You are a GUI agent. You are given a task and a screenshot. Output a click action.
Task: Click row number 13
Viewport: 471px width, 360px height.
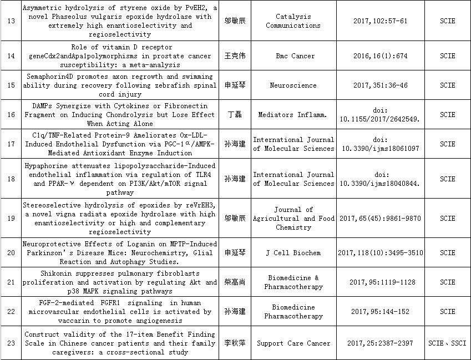[x=11, y=21]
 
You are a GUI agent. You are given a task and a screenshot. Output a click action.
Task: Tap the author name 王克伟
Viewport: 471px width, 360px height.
[x=235, y=56]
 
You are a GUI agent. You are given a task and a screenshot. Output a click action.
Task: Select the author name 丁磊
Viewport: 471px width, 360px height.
[x=235, y=115]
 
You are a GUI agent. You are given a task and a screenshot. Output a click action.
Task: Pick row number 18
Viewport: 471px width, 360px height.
[x=11, y=179]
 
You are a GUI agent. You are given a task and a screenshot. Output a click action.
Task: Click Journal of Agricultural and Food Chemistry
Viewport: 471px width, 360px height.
[x=293, y=219]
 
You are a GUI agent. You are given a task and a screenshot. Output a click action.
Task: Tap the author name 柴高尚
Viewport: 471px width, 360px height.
[x=235, y=282]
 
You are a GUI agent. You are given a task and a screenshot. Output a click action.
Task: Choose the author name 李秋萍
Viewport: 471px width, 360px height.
[x=235, y=343]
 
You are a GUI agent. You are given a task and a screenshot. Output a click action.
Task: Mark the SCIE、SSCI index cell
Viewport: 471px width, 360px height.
[x=447, y=343]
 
